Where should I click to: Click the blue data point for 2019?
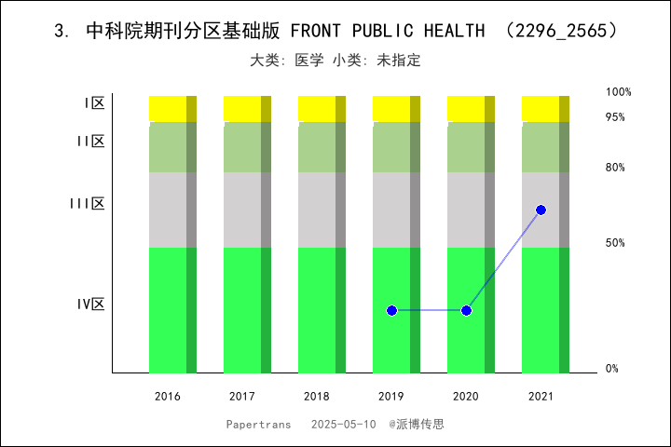[391, 310]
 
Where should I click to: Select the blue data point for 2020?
[466, 310]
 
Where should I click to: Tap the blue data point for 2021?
[541, 210]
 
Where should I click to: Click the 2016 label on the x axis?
[168, 397]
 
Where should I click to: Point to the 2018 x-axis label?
[317, 397]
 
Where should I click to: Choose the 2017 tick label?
[242, 397]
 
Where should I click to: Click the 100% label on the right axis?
[619, 92]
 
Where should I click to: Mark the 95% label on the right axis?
[615, 117]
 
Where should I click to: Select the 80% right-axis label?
[615, 168]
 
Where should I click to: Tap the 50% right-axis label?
[615, 243]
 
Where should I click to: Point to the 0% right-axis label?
[612, 369]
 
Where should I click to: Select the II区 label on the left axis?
[90, 142]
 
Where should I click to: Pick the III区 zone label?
[87, 204]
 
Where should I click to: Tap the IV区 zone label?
[90, 305]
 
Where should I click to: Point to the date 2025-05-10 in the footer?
[344, 424]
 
